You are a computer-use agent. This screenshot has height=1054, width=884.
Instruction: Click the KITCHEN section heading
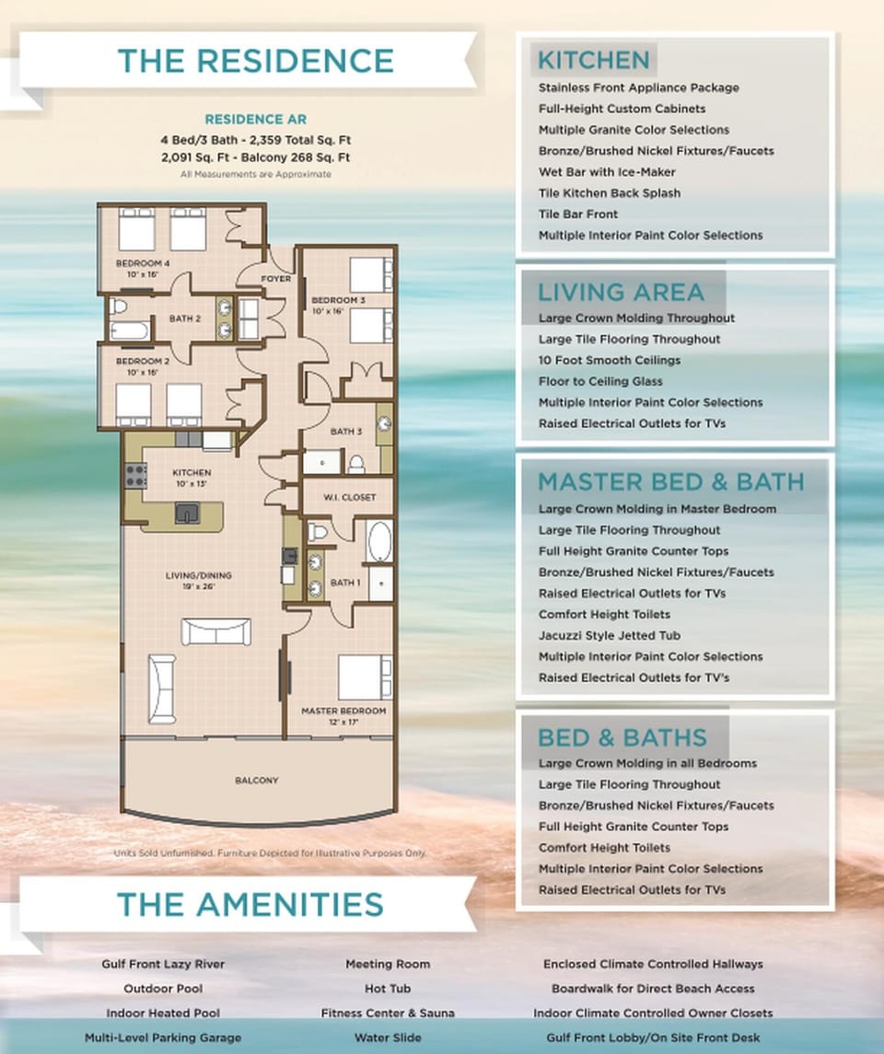click(x=593, y=61)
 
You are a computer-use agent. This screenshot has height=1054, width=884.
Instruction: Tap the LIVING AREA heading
click(x=621, y=293)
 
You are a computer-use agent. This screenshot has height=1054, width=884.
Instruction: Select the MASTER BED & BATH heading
click(x=670, y=482)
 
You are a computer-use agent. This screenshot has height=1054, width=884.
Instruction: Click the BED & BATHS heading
click(x=622, y=737)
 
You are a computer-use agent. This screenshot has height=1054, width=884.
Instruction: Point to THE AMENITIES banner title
click(x=250, y=904)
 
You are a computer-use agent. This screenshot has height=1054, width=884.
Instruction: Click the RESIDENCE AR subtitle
click(x=255, y=120)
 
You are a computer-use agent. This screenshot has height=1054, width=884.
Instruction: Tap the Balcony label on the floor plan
click(x=256, y=781)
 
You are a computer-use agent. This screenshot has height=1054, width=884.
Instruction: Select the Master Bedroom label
click(x=343, y=712)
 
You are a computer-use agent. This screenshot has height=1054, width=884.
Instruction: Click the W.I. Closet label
click(x=350, y=497)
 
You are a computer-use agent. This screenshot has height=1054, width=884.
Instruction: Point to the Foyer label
click(x=275, y=278)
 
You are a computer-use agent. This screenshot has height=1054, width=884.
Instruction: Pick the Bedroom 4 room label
click(x=142, y=264)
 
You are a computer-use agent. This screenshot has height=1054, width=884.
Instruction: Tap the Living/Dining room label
click(x=199, y=576)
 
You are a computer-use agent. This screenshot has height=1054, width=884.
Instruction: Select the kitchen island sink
click(x=187, y=512)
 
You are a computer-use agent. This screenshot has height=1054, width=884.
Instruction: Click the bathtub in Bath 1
click(x=379, y=541)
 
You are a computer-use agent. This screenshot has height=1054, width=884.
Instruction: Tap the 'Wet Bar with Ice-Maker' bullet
click(x=607, y=172)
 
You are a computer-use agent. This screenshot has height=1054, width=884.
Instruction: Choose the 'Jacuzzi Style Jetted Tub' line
click(x=622, y=636)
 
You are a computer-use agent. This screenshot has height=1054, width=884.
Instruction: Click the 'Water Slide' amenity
click(x=388, y=1037)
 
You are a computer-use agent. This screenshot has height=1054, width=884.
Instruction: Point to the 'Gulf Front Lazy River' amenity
click(x=163, y=965)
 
